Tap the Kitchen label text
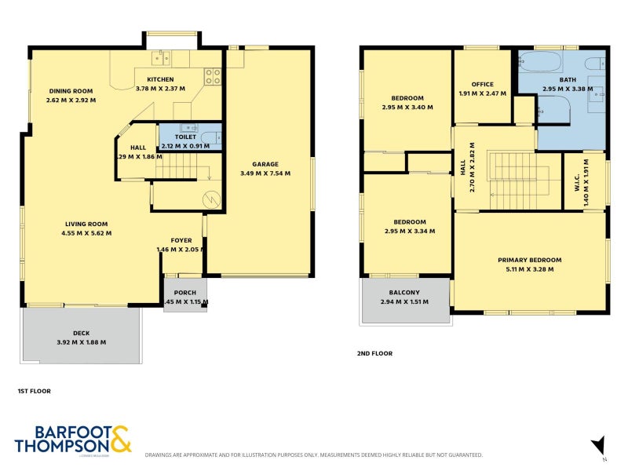coord(160,80)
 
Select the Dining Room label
coord(71,91)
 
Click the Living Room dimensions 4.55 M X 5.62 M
coord(86,233)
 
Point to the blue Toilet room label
coord(185,137)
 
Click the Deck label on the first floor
coord(81,333)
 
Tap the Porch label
coord(184,293)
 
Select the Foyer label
coord(181,240)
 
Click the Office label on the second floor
coord(482,85)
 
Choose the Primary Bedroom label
coord(530,260)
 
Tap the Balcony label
coord(400,293)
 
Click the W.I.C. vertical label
coord(576,183)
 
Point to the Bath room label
coord(568,80)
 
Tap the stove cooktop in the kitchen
coord(213,76)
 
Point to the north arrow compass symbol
coord(597,444)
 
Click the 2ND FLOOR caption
coord(374,354)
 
